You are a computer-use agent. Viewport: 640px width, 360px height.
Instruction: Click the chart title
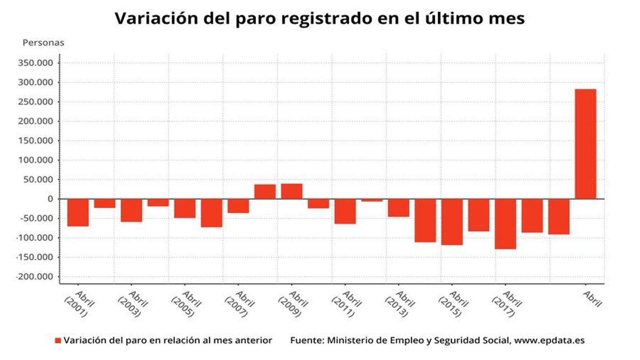tap(320, 18)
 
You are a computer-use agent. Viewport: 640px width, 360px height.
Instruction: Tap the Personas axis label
tap(43, 43)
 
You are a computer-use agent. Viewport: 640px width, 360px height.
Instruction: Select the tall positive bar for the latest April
tap(585, 144)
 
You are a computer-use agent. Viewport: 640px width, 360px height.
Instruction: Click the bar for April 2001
tap(78, 212)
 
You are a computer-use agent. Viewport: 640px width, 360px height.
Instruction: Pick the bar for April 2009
tap(292, 191)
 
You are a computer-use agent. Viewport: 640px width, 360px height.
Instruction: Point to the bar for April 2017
tap(505, 224)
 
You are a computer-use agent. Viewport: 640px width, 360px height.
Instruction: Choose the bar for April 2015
tap(452, 222)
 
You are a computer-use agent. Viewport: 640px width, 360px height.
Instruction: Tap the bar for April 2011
tap(345, 211)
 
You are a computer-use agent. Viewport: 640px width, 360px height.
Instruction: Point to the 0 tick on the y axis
tap(50, 199)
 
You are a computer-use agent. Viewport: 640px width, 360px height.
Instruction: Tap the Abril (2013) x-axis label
tap(400, 305)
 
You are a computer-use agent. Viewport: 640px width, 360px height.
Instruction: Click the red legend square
tap(58, 340)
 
